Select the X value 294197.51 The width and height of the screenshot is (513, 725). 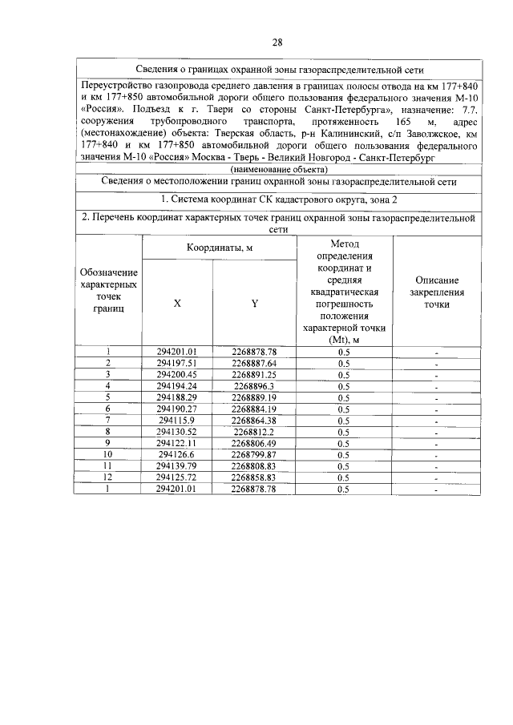pos(177,363)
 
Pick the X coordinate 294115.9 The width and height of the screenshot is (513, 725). pos(177,420)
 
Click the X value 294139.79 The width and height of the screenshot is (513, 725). pos(177,465)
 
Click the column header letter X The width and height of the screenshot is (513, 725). pos(177,304)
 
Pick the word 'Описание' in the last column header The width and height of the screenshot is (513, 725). pos(437,280)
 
